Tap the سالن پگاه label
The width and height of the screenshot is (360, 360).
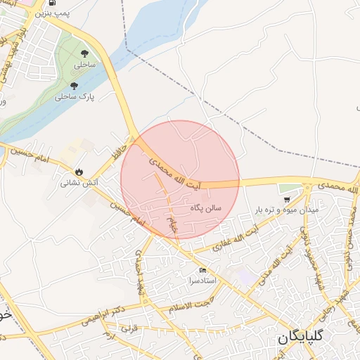coord(205,208)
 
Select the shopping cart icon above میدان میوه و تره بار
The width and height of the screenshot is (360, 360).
coord(286,200)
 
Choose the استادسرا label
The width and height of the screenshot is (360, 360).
coord(202,281)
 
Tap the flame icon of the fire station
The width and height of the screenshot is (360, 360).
coord(79,172)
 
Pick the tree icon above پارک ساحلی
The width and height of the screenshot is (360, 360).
coord(75,86)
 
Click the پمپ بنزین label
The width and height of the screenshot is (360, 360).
coord(55,13)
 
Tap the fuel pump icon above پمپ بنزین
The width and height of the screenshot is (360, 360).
coord(53,3)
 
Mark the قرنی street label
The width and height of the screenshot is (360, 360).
coord(127,328)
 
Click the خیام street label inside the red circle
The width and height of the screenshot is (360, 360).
coord(172,226)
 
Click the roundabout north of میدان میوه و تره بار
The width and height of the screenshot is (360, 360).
coord(307,186)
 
